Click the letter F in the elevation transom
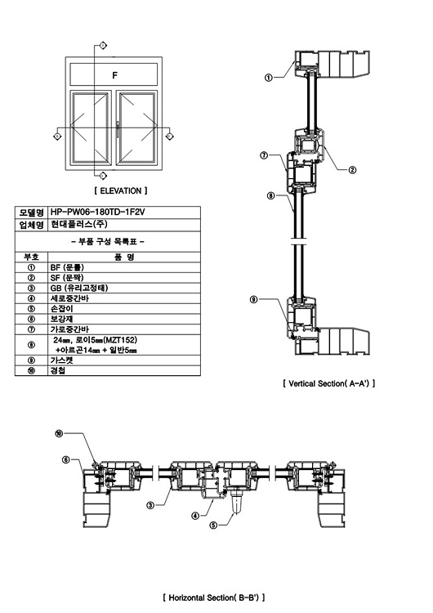pyautogui.click(x=114, y=75)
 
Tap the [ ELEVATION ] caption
pyautogui.click(x=121, y=190)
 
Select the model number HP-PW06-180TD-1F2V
pyautogui.click(x=97, y=212)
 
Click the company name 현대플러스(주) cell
pyautogui.click(x=78, y=225)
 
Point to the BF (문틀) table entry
pyautogui.click(x=67, y=267)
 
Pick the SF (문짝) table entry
pyautogui.click(x=67, y=278)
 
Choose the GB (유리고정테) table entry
pyautogui.click(x=79, y=288)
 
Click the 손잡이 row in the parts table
pyautogui.click(x=62, y=308)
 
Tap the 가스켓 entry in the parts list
pyautogui.click(x=62, y=360)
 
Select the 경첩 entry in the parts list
pyautogui.click(x=58, y=370)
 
